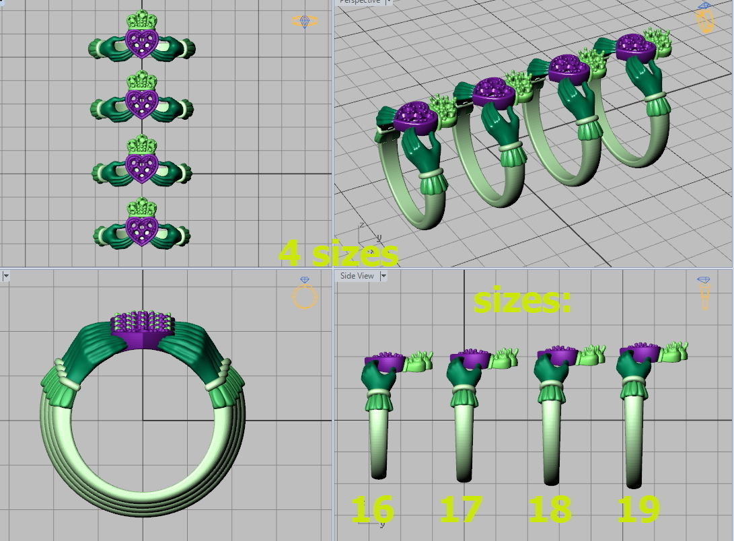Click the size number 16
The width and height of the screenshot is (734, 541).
tap(372, 509)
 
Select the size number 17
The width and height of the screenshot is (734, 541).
tap(461, 509)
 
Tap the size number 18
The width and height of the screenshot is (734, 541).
tap(550, 509)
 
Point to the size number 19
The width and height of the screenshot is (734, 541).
tap(639, 509)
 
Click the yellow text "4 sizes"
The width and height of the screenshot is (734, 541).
tap(338, 253)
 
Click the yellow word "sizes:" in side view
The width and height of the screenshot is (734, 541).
tap(522, 301)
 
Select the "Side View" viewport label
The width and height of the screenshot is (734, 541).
tap(357, 276)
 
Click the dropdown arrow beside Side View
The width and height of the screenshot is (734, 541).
tap(383, 276)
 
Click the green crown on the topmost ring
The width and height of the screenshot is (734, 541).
tap(141, 19)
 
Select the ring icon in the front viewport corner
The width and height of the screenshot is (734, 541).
tap(305, 293)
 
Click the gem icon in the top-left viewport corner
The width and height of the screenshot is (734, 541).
tap(305, 22)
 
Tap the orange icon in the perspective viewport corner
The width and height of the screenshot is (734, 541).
tap(704, 19)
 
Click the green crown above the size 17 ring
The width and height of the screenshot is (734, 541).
tap(504, 359)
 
